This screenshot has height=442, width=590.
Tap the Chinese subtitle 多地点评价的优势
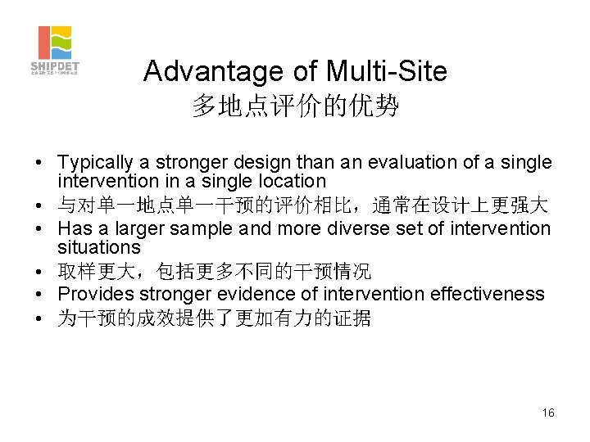point(295,106)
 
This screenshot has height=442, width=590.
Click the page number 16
point(548,413)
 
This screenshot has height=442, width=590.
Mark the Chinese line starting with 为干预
point(214,318)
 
